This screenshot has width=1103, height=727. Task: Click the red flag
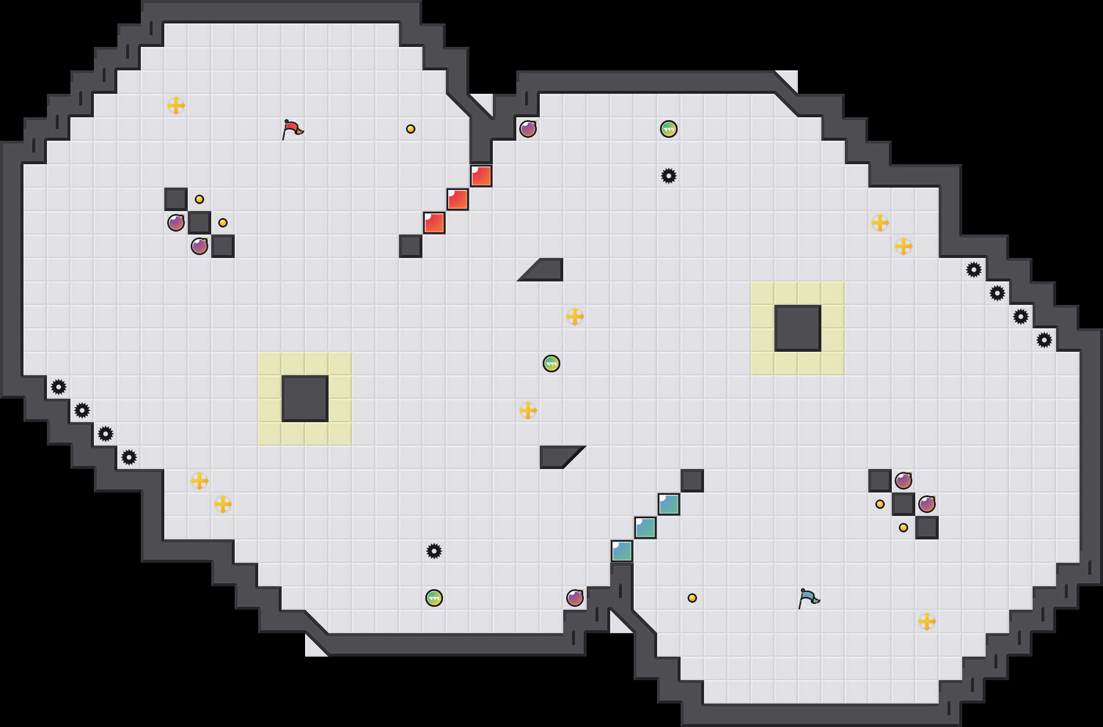tap(292, 129)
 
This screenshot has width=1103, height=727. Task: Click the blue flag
tap(808, 598)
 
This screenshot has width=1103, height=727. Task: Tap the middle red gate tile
tap(458, 199)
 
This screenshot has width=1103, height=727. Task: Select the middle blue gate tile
tap(645, 528)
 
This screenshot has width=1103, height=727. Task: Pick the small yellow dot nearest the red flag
tap(411, 129)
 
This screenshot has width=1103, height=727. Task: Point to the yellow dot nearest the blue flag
tap(692, 598)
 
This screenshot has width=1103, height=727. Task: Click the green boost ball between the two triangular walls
tap(551, 363)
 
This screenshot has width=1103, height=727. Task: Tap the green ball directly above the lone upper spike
tap(669, 129)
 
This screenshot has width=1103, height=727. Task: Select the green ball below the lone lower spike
tap(434, 598)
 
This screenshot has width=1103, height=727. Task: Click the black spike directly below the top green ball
tap(669, 176)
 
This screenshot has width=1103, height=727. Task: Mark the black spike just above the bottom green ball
tap(434, 551)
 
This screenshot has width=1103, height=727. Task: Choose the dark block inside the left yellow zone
tap(305, 399)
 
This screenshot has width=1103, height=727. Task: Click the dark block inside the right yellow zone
tap(798, 328)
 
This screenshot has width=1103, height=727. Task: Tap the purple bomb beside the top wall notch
tap(528, 129)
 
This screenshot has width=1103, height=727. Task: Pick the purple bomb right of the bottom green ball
tap(575, 598)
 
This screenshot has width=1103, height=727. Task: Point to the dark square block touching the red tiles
tap(411, 246)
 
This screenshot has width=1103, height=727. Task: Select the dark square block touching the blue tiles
tap(692, 481)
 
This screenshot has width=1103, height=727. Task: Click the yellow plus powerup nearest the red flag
tap(176, 106)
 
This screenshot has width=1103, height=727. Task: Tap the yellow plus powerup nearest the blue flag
tap(927, 621)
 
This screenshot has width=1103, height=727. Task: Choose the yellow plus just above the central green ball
tap(575, 317)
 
